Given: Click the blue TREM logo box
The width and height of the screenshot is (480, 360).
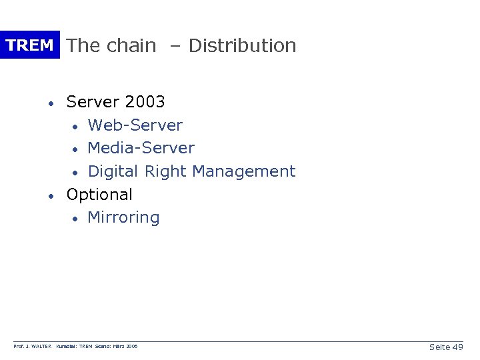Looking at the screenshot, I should [29, 45].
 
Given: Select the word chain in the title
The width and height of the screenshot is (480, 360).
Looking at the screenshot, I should [131, 45].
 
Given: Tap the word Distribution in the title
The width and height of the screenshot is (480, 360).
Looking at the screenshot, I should [243, 45].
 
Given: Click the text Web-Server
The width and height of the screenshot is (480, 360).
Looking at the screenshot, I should [135, 125].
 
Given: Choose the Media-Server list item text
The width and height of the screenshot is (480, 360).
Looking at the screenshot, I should [141, 148].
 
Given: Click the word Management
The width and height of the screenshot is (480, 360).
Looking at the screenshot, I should [243, 171].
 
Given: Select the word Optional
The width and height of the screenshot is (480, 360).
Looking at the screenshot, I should [99, 195].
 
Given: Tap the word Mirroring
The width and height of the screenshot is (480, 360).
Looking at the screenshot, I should [123, 218].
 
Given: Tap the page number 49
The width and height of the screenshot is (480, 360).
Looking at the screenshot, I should [457, 347].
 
